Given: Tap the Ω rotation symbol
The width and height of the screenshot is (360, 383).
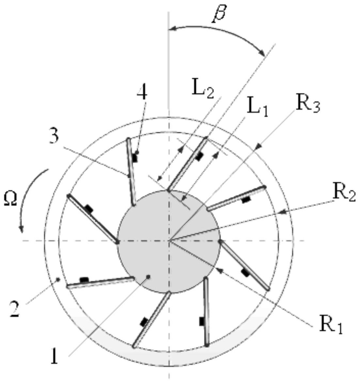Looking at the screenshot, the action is (x=10, y=200).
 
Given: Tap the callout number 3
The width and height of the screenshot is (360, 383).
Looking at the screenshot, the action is (x=54, y=137).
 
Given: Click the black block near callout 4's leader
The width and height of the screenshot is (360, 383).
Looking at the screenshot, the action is (x=135, y=158).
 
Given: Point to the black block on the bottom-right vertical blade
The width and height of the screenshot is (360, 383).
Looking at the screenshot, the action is (x=202, y=321).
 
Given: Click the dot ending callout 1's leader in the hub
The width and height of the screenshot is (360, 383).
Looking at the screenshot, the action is (x=148, y=277).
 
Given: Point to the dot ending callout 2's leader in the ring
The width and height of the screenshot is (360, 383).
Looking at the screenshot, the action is (x=58, y=279).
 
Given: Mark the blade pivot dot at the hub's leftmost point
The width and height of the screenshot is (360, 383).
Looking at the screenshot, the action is (x=117, y=242).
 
